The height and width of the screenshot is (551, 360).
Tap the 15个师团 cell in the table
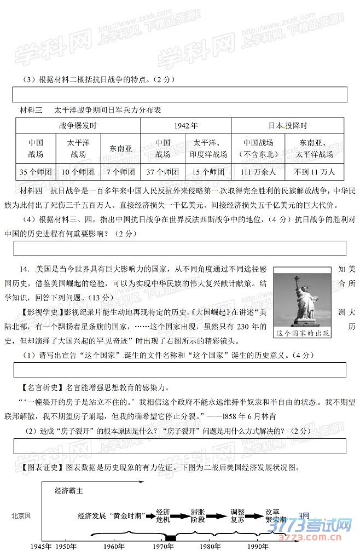tap(208, 172)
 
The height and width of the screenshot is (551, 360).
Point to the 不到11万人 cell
tap(316, 172)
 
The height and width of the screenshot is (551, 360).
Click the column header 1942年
tap(186, 125)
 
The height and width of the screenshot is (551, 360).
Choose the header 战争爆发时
tap(78, 125)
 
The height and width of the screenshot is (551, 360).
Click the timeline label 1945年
tap(41, 546)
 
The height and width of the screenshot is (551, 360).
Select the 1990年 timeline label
tap(257, 546)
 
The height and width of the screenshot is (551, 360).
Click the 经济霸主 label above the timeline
tap(69, 491)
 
